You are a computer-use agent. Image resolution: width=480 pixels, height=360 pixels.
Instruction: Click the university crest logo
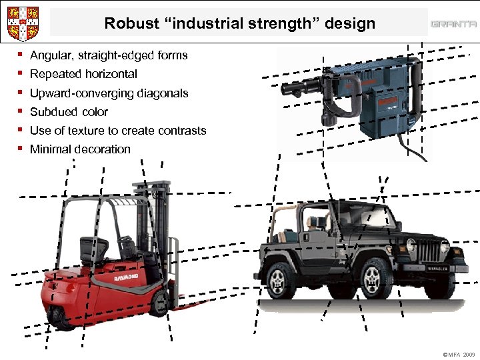click(x=22, y=23)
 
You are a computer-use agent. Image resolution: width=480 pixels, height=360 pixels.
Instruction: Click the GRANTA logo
click(x=453, y=25)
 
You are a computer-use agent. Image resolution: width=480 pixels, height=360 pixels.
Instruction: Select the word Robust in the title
click(x=128, y=24)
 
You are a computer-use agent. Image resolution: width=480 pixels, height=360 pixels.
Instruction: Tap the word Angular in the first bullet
click(x=51, y=55)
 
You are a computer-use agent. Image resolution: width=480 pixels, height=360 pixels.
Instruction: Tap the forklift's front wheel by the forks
click(x=160, y=303)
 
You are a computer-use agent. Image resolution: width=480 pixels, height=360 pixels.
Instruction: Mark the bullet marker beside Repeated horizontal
click(x=22, y=74)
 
